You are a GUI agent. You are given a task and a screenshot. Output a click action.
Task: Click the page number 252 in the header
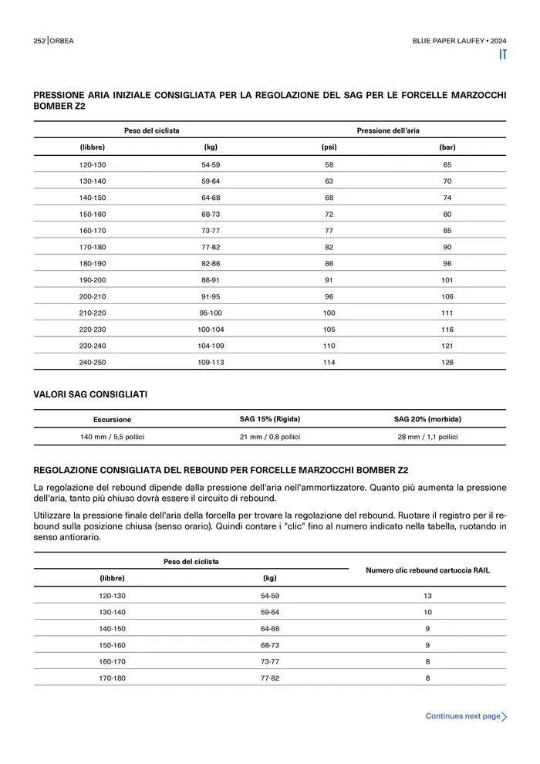(39, 40)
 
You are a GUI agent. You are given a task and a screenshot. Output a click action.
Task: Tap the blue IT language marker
(502, 55)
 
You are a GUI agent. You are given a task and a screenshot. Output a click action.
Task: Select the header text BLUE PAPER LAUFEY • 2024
(459, 40)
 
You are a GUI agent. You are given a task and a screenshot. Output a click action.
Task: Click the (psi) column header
(329, 147)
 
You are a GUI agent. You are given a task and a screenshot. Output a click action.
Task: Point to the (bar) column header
(447, 147)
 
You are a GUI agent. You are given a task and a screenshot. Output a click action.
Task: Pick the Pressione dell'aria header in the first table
(388, 130)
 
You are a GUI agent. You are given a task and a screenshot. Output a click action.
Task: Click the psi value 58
(329, 164)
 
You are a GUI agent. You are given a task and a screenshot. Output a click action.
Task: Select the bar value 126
(447, 362)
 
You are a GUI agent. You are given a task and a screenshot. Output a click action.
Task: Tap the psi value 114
(329, 362)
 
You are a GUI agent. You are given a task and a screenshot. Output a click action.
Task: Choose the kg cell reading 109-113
(211, 362)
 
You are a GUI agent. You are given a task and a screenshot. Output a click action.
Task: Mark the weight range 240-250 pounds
(93, 362)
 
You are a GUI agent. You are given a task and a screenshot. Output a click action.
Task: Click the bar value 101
(447, 279)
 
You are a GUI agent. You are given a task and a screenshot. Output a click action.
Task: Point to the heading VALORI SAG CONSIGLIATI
(90, 394)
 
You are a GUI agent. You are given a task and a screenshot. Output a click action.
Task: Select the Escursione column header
(113, 420)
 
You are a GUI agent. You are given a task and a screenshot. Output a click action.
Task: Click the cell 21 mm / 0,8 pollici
(270, 437)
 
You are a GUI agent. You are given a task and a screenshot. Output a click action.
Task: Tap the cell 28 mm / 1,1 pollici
(427, 437)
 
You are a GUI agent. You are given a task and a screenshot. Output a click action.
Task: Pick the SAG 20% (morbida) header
(427, 419)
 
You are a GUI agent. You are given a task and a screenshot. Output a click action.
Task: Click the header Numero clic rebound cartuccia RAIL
(427, 570)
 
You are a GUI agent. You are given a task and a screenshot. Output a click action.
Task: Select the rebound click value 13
(427, 596)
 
